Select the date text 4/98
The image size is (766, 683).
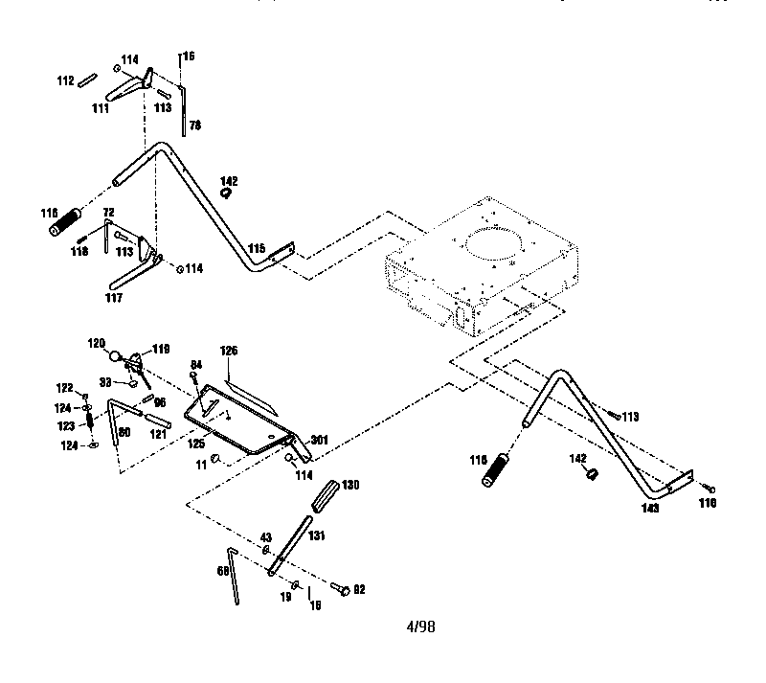[x=419, y=626]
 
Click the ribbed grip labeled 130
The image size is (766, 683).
[x=323, y=496]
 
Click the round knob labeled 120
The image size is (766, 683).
[x=116, y=357]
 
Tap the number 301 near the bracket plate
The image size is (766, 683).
[x=320, y=441]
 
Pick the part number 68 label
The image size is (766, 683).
[x=223, y=570]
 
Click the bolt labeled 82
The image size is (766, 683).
[x=342, y=589]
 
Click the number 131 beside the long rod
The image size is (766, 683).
[x=317, y=537]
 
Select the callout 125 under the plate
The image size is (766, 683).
[x=197, y=444]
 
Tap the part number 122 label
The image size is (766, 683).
[x=63, y=388]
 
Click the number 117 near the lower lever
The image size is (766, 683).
[x=112, y=297]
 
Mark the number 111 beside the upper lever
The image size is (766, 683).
[x=100, y=109]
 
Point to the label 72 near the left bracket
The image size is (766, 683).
[x=108, y=211]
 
